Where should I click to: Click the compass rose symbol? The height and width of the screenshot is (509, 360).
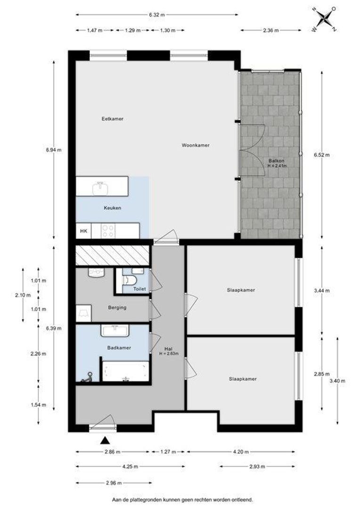coord(324,18)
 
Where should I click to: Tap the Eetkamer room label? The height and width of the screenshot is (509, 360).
coord(113,119)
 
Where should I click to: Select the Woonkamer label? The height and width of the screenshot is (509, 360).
coord(196,145)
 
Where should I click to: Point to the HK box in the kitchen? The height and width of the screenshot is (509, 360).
coord(83,231)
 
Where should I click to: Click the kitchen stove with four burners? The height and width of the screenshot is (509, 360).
coord(108,230)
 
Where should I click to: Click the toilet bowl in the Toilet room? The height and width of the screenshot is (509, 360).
coord(128,279)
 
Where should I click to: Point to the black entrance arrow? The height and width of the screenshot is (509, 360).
coord(105,440)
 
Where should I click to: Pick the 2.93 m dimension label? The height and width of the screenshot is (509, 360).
coord(257,467)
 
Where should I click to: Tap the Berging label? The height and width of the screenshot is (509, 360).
coord(116,307)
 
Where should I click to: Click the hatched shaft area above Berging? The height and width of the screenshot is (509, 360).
coord(112,255)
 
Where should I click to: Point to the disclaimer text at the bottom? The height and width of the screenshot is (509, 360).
coord(182,499)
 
